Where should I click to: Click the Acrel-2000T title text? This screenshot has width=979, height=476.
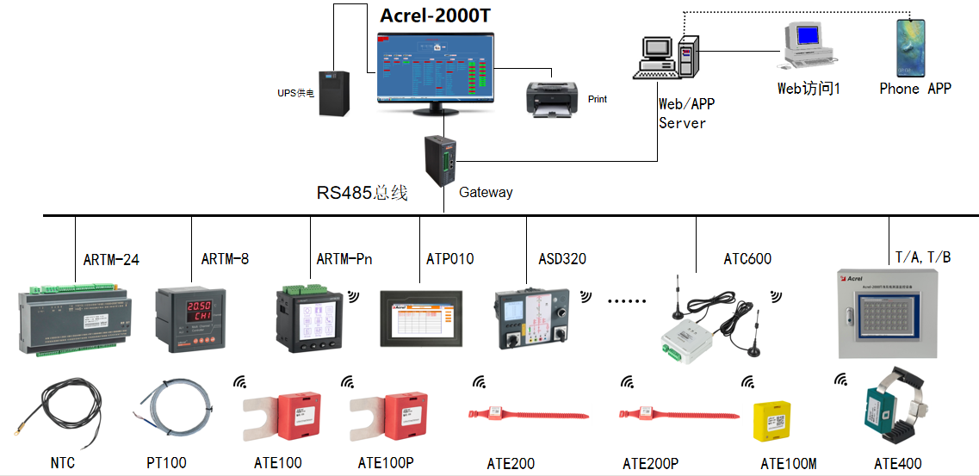point(441,15)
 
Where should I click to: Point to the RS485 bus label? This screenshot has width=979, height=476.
point(362,193)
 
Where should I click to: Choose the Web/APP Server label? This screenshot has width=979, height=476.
point(686,113)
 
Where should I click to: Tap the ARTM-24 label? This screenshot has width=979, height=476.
point(111,259)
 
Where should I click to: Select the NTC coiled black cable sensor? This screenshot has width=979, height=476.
point(60,409)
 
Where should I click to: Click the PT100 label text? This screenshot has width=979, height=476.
point(166,463)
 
